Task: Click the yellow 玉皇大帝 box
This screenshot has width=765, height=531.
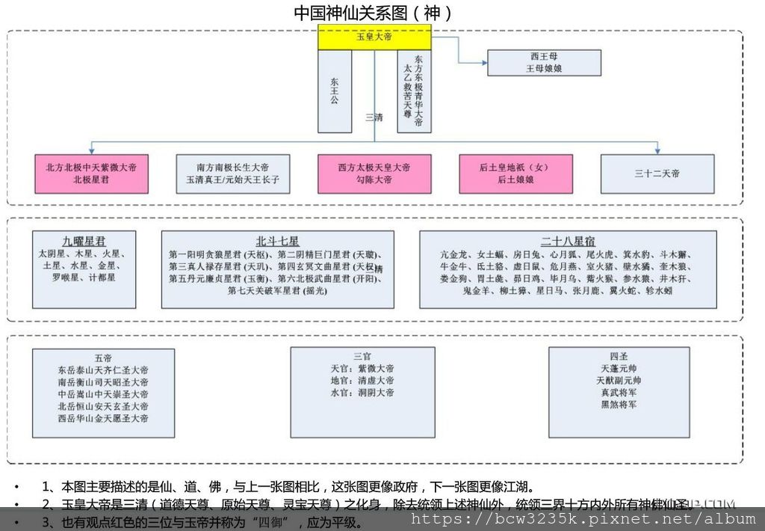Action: (x=374, y=37)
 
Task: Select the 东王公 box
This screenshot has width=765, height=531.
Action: (x=334, y=91)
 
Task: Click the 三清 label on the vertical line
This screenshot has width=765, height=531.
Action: (x=374, y=117)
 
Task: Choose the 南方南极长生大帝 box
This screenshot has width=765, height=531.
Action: (x=232, y=174)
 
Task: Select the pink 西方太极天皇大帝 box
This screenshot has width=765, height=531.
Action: (x=374, y=174)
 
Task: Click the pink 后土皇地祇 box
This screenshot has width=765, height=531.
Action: (x=515, y=174)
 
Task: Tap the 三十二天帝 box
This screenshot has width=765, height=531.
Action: (x=657, y=174)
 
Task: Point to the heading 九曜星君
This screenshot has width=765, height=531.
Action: (x=84, y=241)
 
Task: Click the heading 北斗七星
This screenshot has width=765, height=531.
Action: (x=277, y=241)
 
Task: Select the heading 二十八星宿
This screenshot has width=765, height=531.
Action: (x=568, y=241)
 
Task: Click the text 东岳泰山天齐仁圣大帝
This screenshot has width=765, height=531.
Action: (x=103, y=369)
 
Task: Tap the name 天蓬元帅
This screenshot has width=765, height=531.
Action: (x=618, y=369)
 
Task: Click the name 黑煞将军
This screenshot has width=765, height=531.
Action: (x=618, y=405)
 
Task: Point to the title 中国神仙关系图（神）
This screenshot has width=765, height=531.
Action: (x=372, y=13)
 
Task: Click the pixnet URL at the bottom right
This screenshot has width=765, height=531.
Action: (x=583, y=518)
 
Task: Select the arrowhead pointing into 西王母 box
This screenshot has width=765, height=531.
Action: (x=483, y=62)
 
